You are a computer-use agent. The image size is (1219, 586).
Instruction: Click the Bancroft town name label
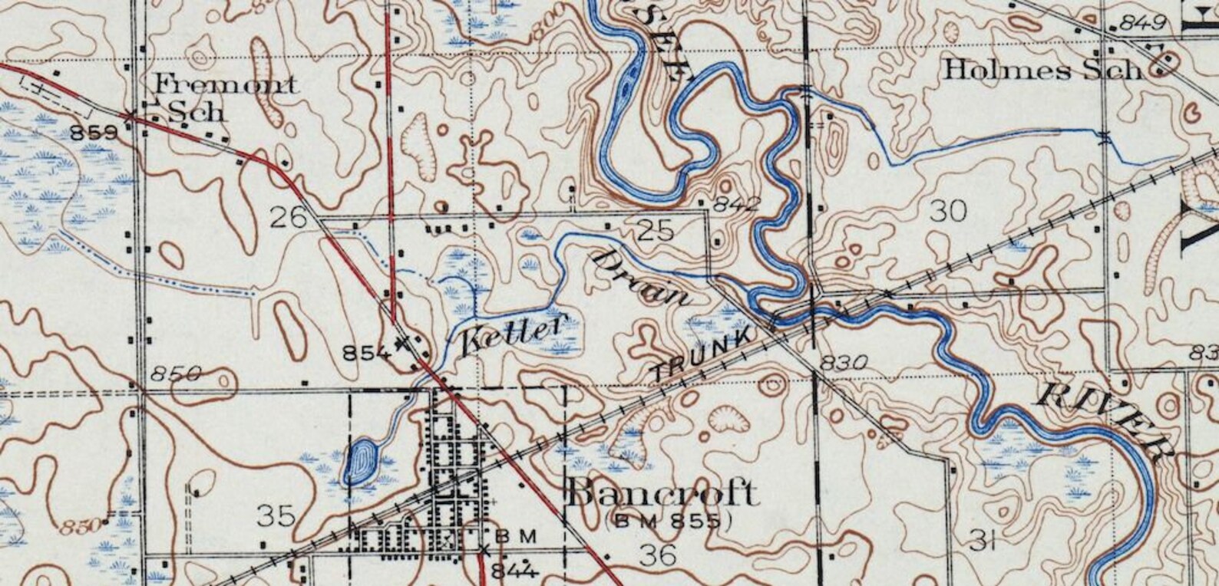662,493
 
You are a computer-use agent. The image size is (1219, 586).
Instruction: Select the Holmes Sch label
1042,71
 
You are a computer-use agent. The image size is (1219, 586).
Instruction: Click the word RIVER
1106,420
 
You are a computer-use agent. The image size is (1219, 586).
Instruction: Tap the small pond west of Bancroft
361,460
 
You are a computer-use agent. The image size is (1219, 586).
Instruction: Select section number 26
289,217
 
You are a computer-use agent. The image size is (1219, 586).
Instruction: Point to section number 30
947,211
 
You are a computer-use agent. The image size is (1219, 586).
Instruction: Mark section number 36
659,554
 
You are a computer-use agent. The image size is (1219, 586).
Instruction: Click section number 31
983,542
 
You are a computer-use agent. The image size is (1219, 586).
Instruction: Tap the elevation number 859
94,133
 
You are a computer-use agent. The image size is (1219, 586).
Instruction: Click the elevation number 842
736,204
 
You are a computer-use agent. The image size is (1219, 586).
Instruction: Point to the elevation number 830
844,362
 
